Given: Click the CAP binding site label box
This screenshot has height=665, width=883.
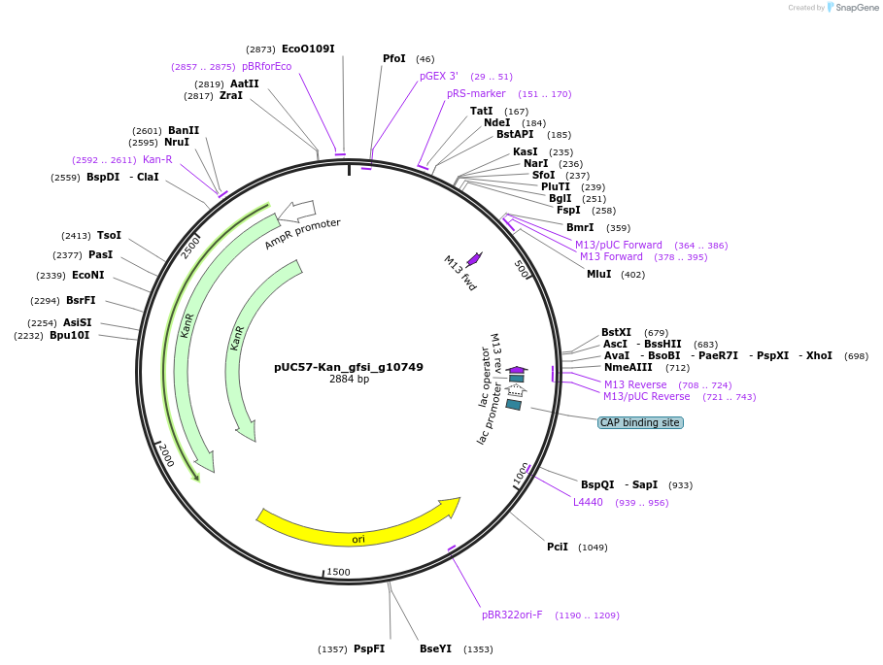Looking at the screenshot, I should point(640,422).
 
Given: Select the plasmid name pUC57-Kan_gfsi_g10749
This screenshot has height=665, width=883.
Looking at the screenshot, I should point(349,367).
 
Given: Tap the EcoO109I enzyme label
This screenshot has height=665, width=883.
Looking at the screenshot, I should point(308,49).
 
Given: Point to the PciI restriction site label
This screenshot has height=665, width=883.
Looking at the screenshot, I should point(558,547).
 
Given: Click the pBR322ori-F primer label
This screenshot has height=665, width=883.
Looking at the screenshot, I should point(512,615).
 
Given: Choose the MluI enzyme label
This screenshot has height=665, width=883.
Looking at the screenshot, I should point(599,274).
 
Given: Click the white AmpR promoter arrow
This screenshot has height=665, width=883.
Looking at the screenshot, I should point(297,210).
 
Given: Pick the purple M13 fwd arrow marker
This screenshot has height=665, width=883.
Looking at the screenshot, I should point(474,258).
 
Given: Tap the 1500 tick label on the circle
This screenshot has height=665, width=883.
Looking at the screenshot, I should point(338,572).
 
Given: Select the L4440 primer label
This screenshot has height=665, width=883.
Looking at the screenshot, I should point(588,502).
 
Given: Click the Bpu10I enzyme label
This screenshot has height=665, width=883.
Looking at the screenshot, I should point(70,336).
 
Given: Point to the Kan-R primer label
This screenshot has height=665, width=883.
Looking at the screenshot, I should point(157,159).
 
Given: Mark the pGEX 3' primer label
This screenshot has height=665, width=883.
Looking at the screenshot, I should point(439,76).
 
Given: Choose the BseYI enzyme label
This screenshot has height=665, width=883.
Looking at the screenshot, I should point(435,648).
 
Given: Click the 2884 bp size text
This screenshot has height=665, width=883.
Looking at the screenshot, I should point(349,380).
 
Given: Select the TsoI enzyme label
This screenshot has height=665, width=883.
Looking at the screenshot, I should point(109,235).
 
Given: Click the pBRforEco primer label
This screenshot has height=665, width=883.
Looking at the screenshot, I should point(266,66).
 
